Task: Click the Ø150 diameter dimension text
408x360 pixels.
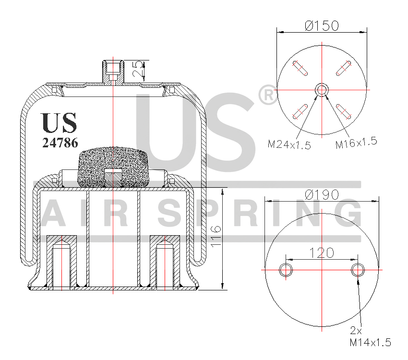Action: coord(322,25)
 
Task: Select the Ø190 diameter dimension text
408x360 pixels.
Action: coord(322,194)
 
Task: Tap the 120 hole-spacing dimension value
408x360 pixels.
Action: coord(322,253)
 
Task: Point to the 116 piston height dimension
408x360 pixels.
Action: coord(216,237)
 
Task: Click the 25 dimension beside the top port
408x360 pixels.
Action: coord(138,69)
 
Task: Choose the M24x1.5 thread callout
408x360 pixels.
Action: coord(289,144)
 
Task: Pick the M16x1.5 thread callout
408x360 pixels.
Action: coord(356,143)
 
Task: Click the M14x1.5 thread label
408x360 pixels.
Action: coord(370,342)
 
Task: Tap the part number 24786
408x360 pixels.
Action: coord(60,143)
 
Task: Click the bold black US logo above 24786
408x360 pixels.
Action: coord(59,122)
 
